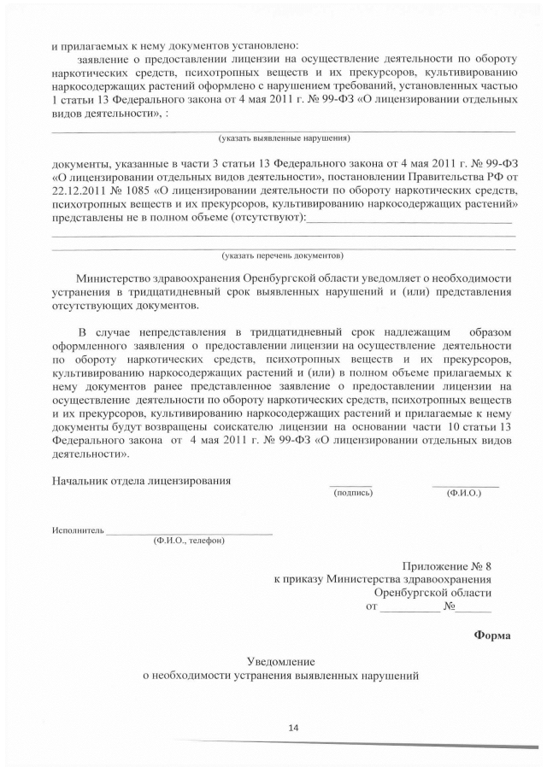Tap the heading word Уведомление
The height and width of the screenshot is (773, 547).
coord(281,661)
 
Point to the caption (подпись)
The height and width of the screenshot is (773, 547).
coord(353,494)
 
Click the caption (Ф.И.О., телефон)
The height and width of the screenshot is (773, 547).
coord(189,542)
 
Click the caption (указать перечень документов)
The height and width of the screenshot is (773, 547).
coord(283,255)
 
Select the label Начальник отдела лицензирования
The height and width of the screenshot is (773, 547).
coord(141,481)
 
